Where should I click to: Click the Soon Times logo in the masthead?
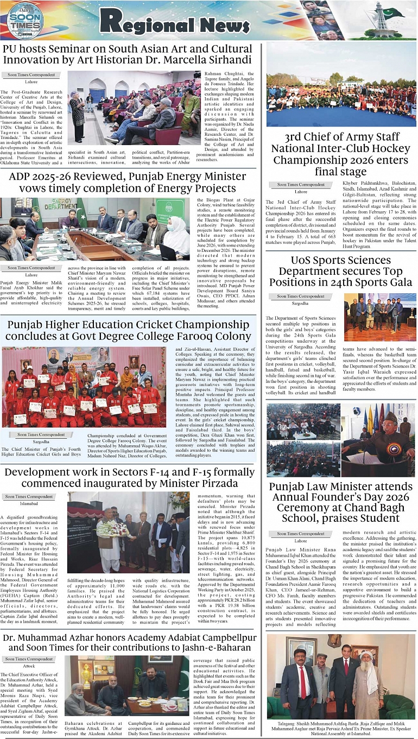click(25, 21)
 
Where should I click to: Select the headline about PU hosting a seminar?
click(128, 54)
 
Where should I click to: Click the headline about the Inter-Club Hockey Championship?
click(341, 155)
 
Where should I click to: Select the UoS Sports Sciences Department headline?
click(341, 271)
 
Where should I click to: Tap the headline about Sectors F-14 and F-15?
click(129, 478)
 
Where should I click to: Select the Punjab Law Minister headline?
click(341, 502)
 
